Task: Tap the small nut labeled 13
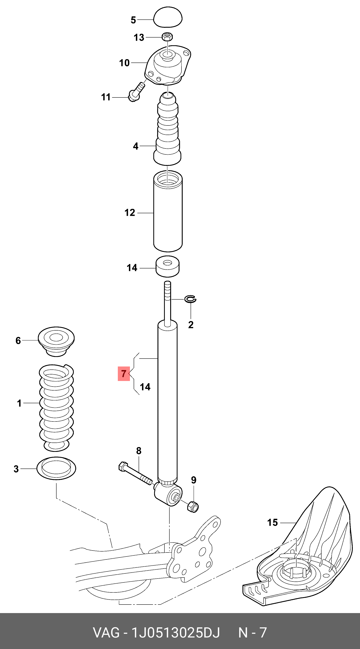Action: coord(167,37)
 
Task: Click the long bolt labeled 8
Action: coord(135,473)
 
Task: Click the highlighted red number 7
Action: coord(124,373)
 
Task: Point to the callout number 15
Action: coord(272,523)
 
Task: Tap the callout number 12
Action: coord(130,213)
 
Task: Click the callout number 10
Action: coord(124,63)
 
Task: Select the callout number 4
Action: coord(136,146)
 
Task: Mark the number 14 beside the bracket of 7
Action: coord(145,387)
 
